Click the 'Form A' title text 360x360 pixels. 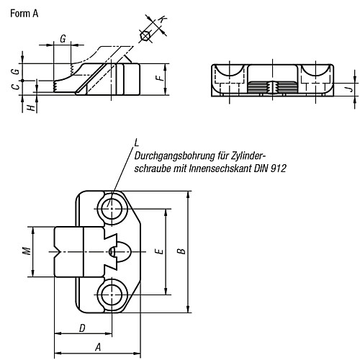click(x=24, y=14)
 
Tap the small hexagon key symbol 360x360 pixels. click(x=145, y=36)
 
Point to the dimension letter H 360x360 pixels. click(x=31, y=108)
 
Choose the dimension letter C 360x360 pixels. click(x=16, y=86)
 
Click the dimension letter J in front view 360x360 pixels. click(x=350, y=89)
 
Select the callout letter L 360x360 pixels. click(x=136, y=143)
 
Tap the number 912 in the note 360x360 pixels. click(x=279, y=168)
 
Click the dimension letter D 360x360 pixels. click(x=82, y=328)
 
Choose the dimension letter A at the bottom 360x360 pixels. click(x=98, y=347)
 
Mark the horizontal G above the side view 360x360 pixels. click(x=63, y=38)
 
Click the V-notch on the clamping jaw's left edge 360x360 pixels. click(x=57, y=252)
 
